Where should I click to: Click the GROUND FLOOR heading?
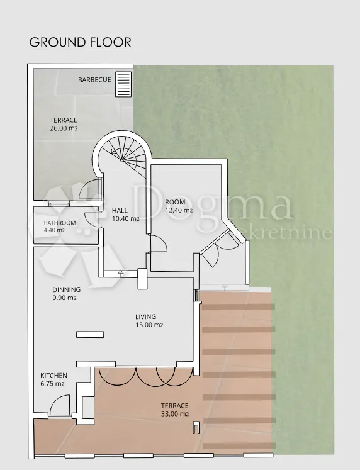(81, 42)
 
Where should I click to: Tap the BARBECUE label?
(94, 80)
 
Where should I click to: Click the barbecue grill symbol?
(123, 84)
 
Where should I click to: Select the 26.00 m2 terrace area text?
(64, 128)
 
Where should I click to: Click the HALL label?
(120, 210)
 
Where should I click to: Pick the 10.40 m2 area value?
(126, 219)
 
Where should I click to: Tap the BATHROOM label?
(60, 223)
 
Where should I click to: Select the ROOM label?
(175, 202)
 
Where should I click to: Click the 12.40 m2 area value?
(179, 210)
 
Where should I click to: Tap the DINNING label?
(67, 289)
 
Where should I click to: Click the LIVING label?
(145, 316)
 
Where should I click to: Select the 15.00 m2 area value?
(149, 325)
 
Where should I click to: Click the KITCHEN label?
(53, 375)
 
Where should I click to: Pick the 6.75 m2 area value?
(52, 384)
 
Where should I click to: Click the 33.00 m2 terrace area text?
(175, 414)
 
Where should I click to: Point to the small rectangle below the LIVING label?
(90, 335)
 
